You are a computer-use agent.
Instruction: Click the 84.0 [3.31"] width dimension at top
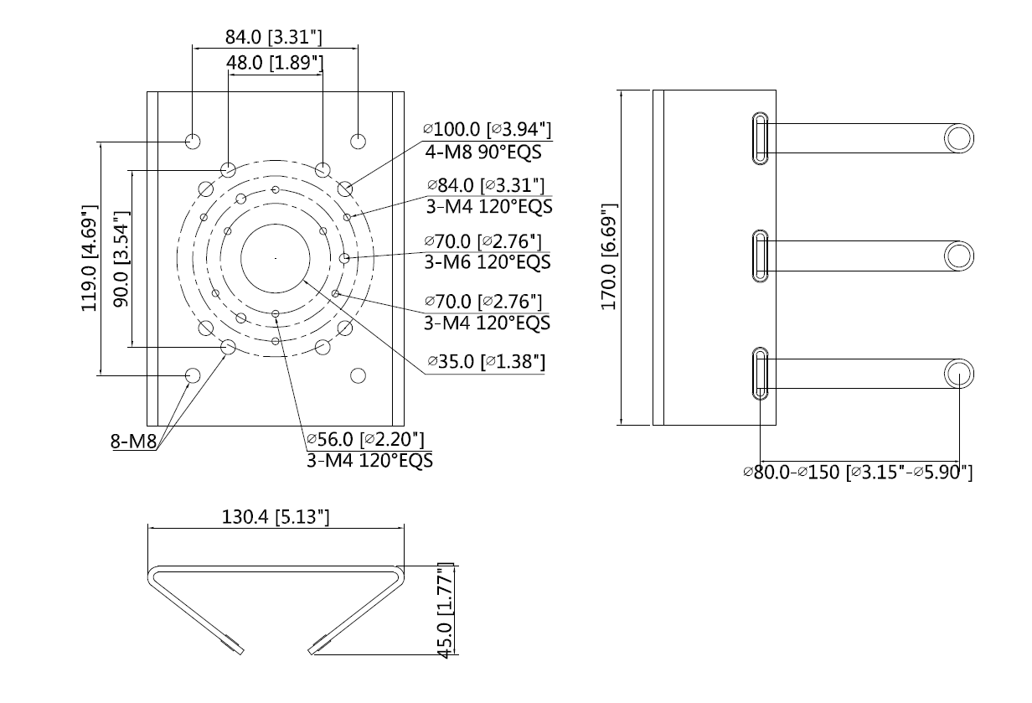tap(275, 37)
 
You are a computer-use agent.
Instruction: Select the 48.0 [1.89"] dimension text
tap(275, 64)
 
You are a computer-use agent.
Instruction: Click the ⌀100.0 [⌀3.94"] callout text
tap(488, 130)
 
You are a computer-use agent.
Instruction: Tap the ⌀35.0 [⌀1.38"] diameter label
tap(486, 361)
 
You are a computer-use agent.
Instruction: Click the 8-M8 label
tap(132, 441)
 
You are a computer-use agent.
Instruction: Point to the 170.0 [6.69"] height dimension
tap(611, 256)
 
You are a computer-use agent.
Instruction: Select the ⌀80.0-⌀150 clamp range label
tap(858, 472)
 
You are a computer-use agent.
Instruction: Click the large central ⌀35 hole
tap(275, 258)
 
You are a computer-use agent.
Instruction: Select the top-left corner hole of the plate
tap(193, 140)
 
